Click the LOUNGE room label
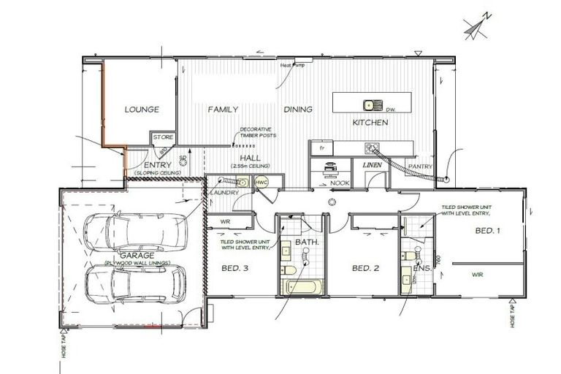pos(142,110)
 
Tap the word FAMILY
pos(223,110)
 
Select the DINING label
pos(298,110)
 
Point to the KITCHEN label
pos(370,123)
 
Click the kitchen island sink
pos(370,104)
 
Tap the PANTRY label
pos(421,167)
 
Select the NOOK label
pos(340,183)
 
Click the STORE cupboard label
pos(162,137)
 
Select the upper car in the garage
pos(135,232)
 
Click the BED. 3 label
pos(234,269)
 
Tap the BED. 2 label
pos(365,269)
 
